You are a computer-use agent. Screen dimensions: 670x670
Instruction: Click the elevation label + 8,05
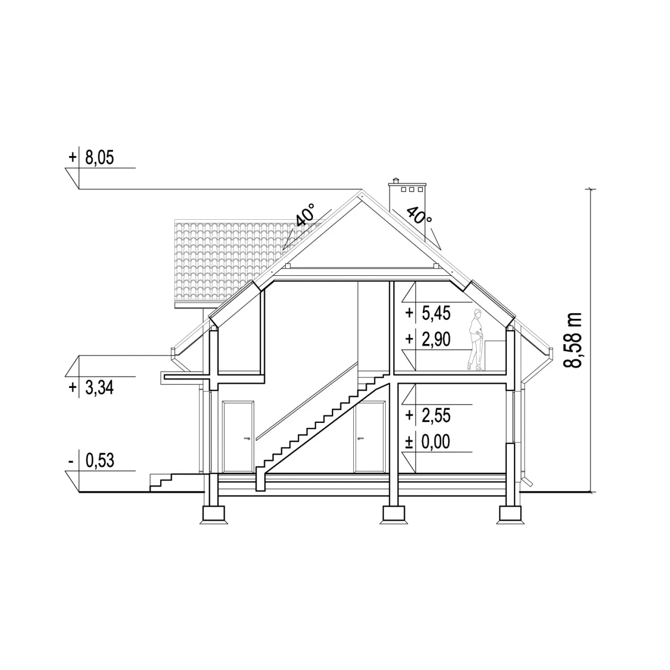pyautogui.click(x=92, y=158)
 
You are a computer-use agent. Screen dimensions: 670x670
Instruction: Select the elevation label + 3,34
pyautogui.click(x=92, y=388)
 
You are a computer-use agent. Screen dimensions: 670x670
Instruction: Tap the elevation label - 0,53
pyautogui.click(x=92, y=460)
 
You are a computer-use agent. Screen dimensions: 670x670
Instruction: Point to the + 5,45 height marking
pyautogui.click(x=428, y=313)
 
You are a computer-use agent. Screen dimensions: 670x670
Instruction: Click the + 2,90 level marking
pyautogui.click(x=428, y=339)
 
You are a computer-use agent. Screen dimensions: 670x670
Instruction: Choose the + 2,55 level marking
pyautogui.click(x=428, y=415)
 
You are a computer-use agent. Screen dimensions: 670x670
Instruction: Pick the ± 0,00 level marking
pyautogui.click(x=428, y=442)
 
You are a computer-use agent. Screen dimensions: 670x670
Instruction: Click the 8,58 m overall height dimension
pyautogui.click(x=573, y=340)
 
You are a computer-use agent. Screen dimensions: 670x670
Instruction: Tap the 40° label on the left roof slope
pyautogui.click(x=305, y=215)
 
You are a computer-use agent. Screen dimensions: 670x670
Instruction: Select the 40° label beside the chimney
pyautogui.click(x=419, y=216)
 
